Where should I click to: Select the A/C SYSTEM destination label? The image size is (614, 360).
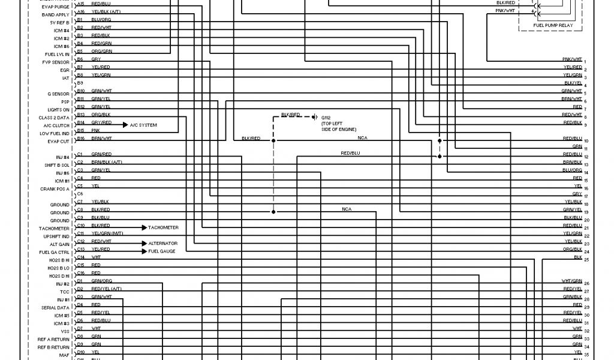(x=143, y=125)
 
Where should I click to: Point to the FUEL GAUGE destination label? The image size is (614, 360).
(x=162, y=251)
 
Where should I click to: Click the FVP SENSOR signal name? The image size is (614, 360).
(x=56, y=62)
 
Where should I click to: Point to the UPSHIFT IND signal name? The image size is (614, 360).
(x=58, y=236)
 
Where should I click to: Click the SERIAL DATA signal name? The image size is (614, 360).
(x=57, y=307)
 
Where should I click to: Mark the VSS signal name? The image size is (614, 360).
(x=65, y=331)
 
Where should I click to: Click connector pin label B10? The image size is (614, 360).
(x=81, y=91)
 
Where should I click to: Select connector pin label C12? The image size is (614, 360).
(x=81, y=241)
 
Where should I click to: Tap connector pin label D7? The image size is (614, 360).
(x=80, y=328)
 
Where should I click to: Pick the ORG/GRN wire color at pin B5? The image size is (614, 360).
(x=101, y=51)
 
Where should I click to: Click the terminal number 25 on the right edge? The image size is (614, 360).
(x=586, y=260)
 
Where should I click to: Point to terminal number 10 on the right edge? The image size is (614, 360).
(x=586, y=141)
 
